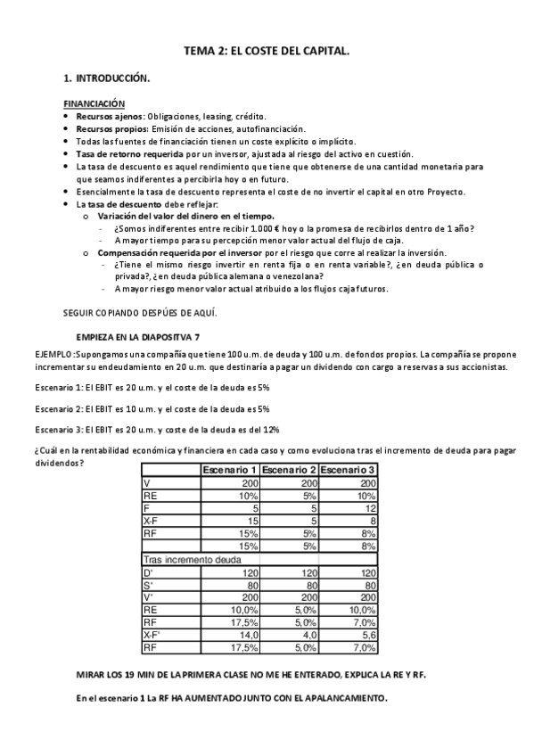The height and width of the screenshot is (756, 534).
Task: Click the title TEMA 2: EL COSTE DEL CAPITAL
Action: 267,53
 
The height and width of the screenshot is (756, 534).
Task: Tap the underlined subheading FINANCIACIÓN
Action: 100,104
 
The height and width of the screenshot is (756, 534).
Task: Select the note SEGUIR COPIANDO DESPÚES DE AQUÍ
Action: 140,312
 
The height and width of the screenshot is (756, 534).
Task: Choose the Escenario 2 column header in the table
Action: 289,470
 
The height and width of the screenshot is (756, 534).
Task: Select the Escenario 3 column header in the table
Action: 348,470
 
